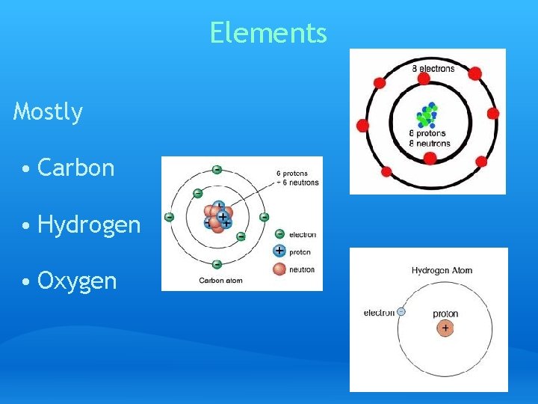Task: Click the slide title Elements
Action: click(x=268, y=33)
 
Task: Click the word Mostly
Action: click(x=48, y=112)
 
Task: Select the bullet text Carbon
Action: click(x=75, y=168)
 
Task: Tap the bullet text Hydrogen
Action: click(x=89, y=224)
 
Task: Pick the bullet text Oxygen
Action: click(x=77, y=281)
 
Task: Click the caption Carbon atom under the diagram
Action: click(x=221, y=281)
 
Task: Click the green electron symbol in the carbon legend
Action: click(x=279, y=233)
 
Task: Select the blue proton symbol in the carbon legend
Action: click(x=279, y=251)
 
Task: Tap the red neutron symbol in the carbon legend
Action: click(x=279, y=269)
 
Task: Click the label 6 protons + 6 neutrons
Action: click(x=297, y=178)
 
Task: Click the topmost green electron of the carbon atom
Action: click(x=217, y=170)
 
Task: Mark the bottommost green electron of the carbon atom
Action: click(x=217, y=263)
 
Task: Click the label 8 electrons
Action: click(x=433, y=69)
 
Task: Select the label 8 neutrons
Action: click(x=430, y=143)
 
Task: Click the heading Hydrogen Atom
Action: click(x=442, y=270)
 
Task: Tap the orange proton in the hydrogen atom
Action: click(x=445, y=328)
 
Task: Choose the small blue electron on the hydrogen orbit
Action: click(x=401, y=311)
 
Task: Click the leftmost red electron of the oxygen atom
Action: click(x=363, y=124)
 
